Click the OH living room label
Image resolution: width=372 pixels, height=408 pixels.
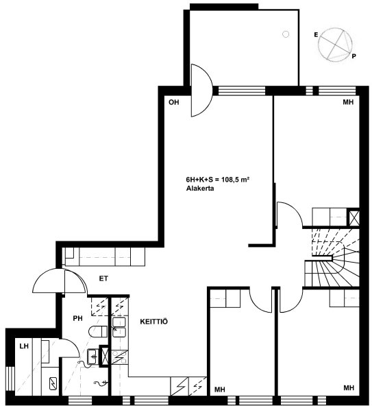pyautogui.click(x=173, y=102)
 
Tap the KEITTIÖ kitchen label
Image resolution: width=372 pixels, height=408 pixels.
pyautogui.click(x=154, y=322)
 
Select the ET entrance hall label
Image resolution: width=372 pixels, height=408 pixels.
pyautogui.click(x=103, y=278)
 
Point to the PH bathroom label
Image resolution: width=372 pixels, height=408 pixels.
pyautogui.click(x=77, y=318)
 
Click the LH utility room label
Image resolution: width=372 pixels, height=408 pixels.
pyautogui.click(x=24, y=346)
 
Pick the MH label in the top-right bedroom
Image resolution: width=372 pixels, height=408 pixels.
pyautogui.click(x=348, y=102)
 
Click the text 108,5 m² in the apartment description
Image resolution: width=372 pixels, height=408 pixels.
pyautogui.click(x=235, y=179)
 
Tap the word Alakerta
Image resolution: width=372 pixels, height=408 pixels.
pyautogui.click(x=200, y=189)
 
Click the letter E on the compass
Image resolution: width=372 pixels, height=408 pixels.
pyautogui.click(x=316, y=34)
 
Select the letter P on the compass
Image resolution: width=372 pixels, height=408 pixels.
pyautogui.click(x=354, y=56)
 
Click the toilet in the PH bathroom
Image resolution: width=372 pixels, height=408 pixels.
pyautogui.click(x=98, y=331)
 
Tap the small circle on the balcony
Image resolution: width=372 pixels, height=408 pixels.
pyautogui.click(x=286, y=34)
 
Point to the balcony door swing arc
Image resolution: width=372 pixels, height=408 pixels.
pyautogui.click(x=202, y=91)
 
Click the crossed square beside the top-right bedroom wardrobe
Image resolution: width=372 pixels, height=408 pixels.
pyautogui.click(x=354, y=217)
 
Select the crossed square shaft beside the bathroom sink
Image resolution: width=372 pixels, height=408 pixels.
pyautogui.click(x=105, y=356)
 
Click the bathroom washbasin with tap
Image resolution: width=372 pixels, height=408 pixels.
pyautogui.click(x=92, y=356)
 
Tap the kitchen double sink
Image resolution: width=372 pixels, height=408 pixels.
pyautogui.click(x=119, y=328)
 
